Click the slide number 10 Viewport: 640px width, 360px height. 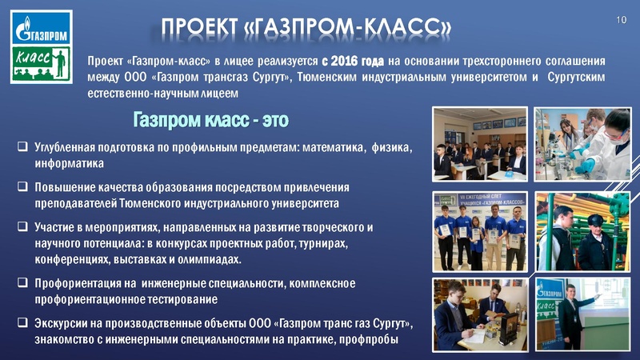620,18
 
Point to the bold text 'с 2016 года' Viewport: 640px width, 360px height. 352,61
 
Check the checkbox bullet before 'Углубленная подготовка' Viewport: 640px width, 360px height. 22,148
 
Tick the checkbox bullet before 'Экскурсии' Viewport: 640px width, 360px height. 22,323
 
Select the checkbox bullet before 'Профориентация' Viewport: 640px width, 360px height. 22,283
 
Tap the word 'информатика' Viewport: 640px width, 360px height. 70,164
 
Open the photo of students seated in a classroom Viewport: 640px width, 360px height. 480,144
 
